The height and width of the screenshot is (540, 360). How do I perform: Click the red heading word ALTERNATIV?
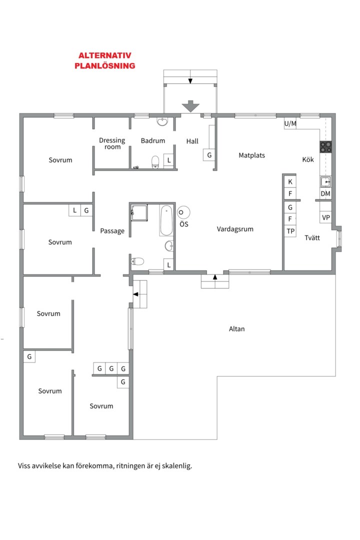coord(104,55)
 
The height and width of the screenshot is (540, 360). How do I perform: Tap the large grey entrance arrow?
coord(190,106)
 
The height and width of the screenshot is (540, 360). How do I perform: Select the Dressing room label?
coord(112,143)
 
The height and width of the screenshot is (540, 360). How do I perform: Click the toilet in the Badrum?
coord(155,162)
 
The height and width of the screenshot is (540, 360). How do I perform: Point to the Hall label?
coord(192,141)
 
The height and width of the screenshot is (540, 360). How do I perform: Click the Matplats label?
coord(252,155)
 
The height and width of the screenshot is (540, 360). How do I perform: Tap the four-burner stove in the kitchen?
coord(326,147)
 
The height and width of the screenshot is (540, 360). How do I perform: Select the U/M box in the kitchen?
coord(290,123)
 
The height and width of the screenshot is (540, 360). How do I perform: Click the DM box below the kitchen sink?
coord(325,193)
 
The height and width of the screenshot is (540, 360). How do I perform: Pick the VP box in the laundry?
coord(325,217)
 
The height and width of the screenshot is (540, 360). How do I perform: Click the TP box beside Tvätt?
coord(290,231)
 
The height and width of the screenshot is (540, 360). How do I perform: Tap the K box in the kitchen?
coord(290,182)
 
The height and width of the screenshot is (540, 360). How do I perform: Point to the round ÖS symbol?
coord(183,212)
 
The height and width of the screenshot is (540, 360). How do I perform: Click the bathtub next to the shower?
coord(166,220)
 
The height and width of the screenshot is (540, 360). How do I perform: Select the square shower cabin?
coord(139,213)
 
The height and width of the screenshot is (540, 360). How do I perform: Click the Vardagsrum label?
coord(235,229)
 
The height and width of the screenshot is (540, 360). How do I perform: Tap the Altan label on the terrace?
coord(237,329)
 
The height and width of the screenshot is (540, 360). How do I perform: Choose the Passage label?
coord(112,230)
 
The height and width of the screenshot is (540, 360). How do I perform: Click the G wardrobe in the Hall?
coord(209,155)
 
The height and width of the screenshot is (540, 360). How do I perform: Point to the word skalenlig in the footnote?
coord(177,466)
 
